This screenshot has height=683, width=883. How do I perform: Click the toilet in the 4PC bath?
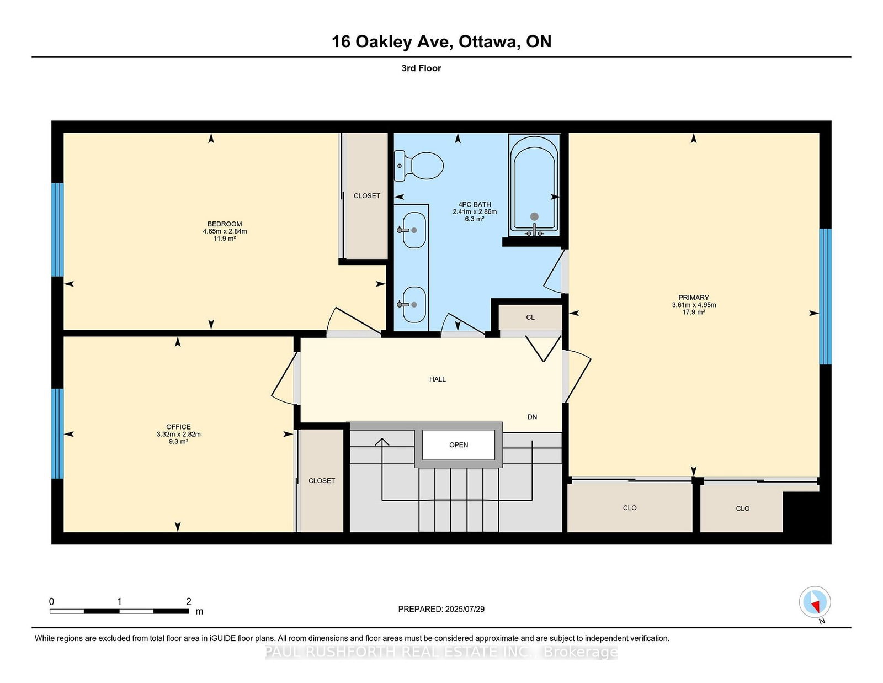(418, 166)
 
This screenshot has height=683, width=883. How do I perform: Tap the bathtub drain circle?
(534, 216)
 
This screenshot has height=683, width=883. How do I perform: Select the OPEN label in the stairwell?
(459, 445)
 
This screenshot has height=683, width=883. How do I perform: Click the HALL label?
(438, 379)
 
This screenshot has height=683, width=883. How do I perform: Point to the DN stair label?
(533, 417)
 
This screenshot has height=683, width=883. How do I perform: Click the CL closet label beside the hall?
(530, 317)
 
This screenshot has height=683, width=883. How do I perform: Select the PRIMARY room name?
(694, 298)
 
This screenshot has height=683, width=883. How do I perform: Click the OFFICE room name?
(178, 427)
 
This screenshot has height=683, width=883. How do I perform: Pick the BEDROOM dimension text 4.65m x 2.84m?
(225, 231)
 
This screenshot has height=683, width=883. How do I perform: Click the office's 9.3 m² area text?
(178, 442)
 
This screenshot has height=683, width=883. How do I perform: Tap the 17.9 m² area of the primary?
(694, 312)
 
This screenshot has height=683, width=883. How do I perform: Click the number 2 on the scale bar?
(189, 601)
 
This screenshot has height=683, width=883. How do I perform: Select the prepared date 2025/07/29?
(465, 609)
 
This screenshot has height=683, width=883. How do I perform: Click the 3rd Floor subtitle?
(422, 68)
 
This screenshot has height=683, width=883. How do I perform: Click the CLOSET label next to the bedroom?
(367, 196)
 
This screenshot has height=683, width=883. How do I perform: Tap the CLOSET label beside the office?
(322, 480)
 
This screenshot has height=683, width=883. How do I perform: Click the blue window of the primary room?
(825, 297)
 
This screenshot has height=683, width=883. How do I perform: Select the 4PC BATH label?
(475, 204)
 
